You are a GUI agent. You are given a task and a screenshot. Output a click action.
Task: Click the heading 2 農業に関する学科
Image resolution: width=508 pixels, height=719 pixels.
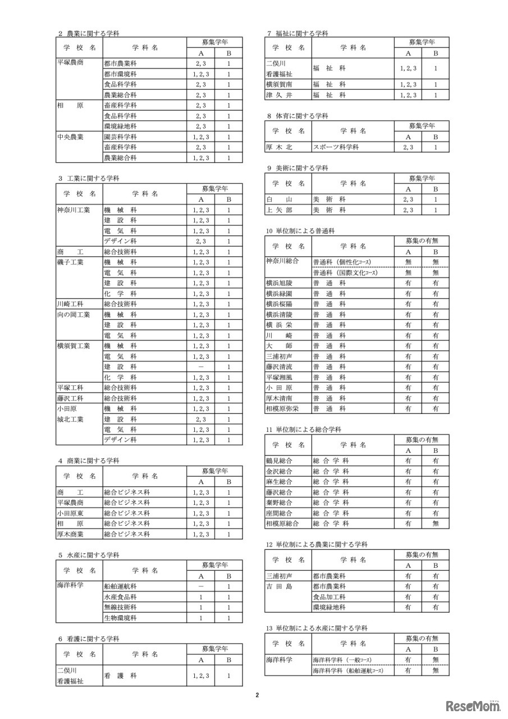[x=89, y=34]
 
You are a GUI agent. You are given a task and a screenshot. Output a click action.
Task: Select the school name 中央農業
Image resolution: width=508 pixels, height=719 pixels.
[x=70, y=137]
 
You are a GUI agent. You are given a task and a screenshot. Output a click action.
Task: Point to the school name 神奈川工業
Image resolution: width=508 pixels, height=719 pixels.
[x=74, y=210]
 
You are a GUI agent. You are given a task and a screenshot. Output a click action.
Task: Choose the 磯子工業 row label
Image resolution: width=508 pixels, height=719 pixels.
[x=70, y=262]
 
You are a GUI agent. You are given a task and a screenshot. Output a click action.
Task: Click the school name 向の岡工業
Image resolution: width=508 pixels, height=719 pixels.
[x=74, y=315]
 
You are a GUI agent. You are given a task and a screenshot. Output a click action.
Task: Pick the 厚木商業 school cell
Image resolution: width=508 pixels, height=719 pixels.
[x=70, y=534]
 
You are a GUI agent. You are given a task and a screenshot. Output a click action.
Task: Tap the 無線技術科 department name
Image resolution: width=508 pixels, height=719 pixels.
[x=120, y=608]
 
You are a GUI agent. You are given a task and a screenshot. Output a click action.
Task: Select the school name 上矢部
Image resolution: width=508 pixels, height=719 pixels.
[x=279, y=210]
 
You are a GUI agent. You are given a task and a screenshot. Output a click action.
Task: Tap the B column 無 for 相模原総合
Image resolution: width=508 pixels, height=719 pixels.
[x=436, y=524]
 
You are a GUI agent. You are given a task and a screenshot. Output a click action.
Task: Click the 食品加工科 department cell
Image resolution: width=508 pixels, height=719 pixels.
[x=329, y=597]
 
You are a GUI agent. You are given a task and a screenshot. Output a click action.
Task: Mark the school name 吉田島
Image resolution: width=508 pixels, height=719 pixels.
[x=279, y=586]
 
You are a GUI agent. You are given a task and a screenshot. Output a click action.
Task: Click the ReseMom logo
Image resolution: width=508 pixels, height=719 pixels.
[x=473, y=705]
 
